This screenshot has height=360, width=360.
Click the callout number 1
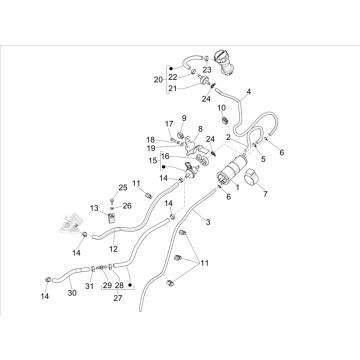[238, 187]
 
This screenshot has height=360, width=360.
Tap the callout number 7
[265, 194]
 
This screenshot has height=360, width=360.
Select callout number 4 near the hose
[248, 91]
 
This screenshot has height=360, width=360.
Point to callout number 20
[158, 80]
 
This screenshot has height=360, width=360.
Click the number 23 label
[207, 70]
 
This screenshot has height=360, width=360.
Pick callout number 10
[222, 108]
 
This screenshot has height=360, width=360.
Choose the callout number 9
[184, 118]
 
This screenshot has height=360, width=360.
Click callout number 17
[169, 124]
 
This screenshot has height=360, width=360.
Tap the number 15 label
[154, 161]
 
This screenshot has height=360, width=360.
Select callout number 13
[94, 208]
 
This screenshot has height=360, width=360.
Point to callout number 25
[123, 188]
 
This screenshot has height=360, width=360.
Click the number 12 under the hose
[113, 249]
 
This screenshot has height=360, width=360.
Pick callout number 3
[208, 222]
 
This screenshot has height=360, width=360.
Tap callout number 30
[72, 293]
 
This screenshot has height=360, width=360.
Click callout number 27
[118, 298]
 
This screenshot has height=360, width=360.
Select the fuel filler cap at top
[223, 62]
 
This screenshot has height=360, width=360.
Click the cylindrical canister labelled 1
[233, 170]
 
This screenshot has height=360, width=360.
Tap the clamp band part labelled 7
[253, 176]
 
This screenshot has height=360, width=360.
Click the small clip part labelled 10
[225, 119]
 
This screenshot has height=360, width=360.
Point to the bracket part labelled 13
[111, 218]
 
